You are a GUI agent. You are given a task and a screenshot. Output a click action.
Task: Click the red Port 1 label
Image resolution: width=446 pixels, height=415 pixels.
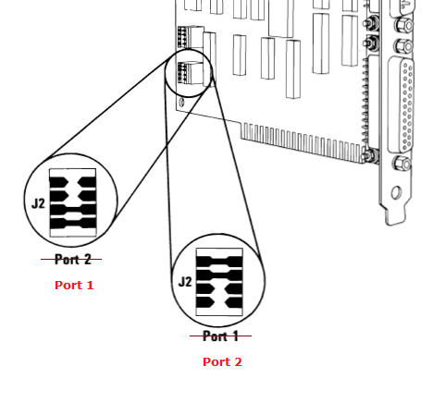click(74, 286)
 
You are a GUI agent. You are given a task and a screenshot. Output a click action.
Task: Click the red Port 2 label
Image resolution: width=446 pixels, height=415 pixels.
click(222, 361)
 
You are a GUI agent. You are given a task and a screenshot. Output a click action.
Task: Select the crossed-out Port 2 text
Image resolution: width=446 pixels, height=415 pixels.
click(73, 260)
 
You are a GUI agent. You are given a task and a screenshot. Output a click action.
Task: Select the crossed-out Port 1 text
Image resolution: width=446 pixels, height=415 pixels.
click(220, 336)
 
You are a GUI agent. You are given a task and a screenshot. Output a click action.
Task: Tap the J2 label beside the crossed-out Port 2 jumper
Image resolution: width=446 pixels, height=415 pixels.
click(38, 203)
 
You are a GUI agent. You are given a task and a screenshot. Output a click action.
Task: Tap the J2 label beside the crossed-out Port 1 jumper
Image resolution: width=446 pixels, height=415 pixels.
click(185, 282)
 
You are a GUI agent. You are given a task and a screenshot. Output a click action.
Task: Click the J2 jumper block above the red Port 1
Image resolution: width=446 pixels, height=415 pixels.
click(73, 202)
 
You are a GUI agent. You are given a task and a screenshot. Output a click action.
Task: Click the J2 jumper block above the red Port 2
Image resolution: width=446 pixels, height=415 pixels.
click(219, 282)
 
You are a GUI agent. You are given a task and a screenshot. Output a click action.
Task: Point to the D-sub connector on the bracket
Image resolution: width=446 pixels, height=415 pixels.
click(401, 104)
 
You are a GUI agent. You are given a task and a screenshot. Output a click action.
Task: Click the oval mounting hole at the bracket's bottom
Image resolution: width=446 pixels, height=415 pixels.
click(396, 193)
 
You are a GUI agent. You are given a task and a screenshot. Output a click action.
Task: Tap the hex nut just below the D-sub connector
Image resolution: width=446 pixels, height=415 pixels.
click(402, 163)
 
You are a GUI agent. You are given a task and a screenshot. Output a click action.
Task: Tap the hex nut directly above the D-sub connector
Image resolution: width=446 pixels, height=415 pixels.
click(404, 46)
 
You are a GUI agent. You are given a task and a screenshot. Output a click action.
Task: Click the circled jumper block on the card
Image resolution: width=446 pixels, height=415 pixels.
click(191, 72)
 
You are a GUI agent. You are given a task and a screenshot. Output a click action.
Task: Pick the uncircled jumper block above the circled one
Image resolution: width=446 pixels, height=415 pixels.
click(191, 37)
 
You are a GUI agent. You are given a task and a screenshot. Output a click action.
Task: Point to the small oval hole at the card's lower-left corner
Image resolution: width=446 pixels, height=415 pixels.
click(181, 102)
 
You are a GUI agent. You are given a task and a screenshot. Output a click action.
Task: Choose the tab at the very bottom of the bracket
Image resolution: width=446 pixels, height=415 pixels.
click(395, 218)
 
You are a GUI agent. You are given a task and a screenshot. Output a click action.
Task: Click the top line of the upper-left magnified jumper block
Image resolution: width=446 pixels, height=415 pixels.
click(72, 169)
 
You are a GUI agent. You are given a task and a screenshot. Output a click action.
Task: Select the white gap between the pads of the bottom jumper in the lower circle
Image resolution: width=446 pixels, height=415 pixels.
click(219, 302)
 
